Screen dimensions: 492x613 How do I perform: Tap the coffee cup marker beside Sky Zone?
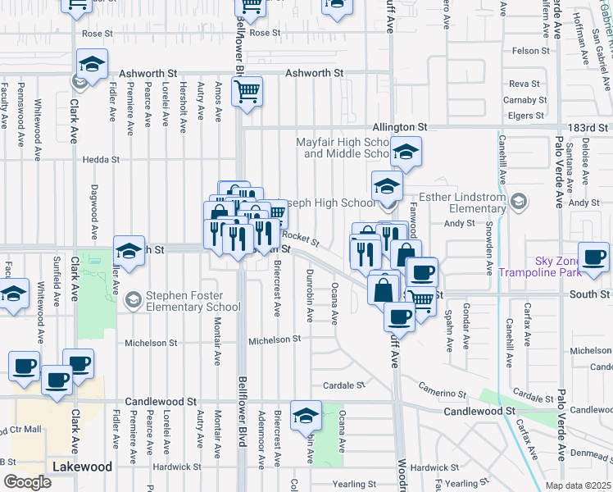point(594,257)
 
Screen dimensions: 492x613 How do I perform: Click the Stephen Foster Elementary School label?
point(193,302)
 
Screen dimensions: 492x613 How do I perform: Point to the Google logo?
point(27,482)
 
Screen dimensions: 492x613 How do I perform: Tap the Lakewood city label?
point(82,467)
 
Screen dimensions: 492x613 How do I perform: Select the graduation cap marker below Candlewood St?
point(306,416)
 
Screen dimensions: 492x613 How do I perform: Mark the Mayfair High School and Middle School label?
point(342,148)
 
